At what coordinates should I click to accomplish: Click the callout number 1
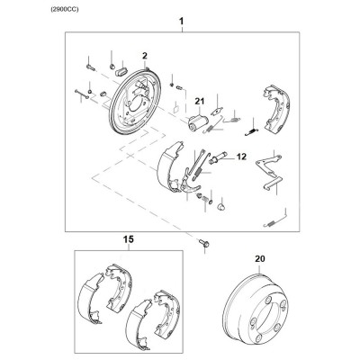click(182, 22)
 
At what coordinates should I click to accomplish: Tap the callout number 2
click(145, 56)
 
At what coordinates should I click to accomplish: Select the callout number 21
click(199, 102)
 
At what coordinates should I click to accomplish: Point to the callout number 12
click(241, 157)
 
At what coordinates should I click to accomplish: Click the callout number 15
click(129, 239)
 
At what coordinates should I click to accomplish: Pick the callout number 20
click(260, 258)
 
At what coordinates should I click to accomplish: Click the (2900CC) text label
click(65, 10)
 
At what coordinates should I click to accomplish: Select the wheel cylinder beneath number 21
click(197, 123)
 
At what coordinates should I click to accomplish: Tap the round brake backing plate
click(135, 102)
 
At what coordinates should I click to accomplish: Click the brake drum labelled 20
click(256, 308)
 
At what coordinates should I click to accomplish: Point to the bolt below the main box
click(203, 243)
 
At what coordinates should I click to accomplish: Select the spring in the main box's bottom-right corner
click(275, 220)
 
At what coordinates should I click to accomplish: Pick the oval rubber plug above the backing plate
click(121, 72)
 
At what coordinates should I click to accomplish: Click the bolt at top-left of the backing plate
click(90, 67)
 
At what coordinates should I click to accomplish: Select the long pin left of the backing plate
click(82, 94)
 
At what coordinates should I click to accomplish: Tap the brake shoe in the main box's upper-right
click(276, 108)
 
